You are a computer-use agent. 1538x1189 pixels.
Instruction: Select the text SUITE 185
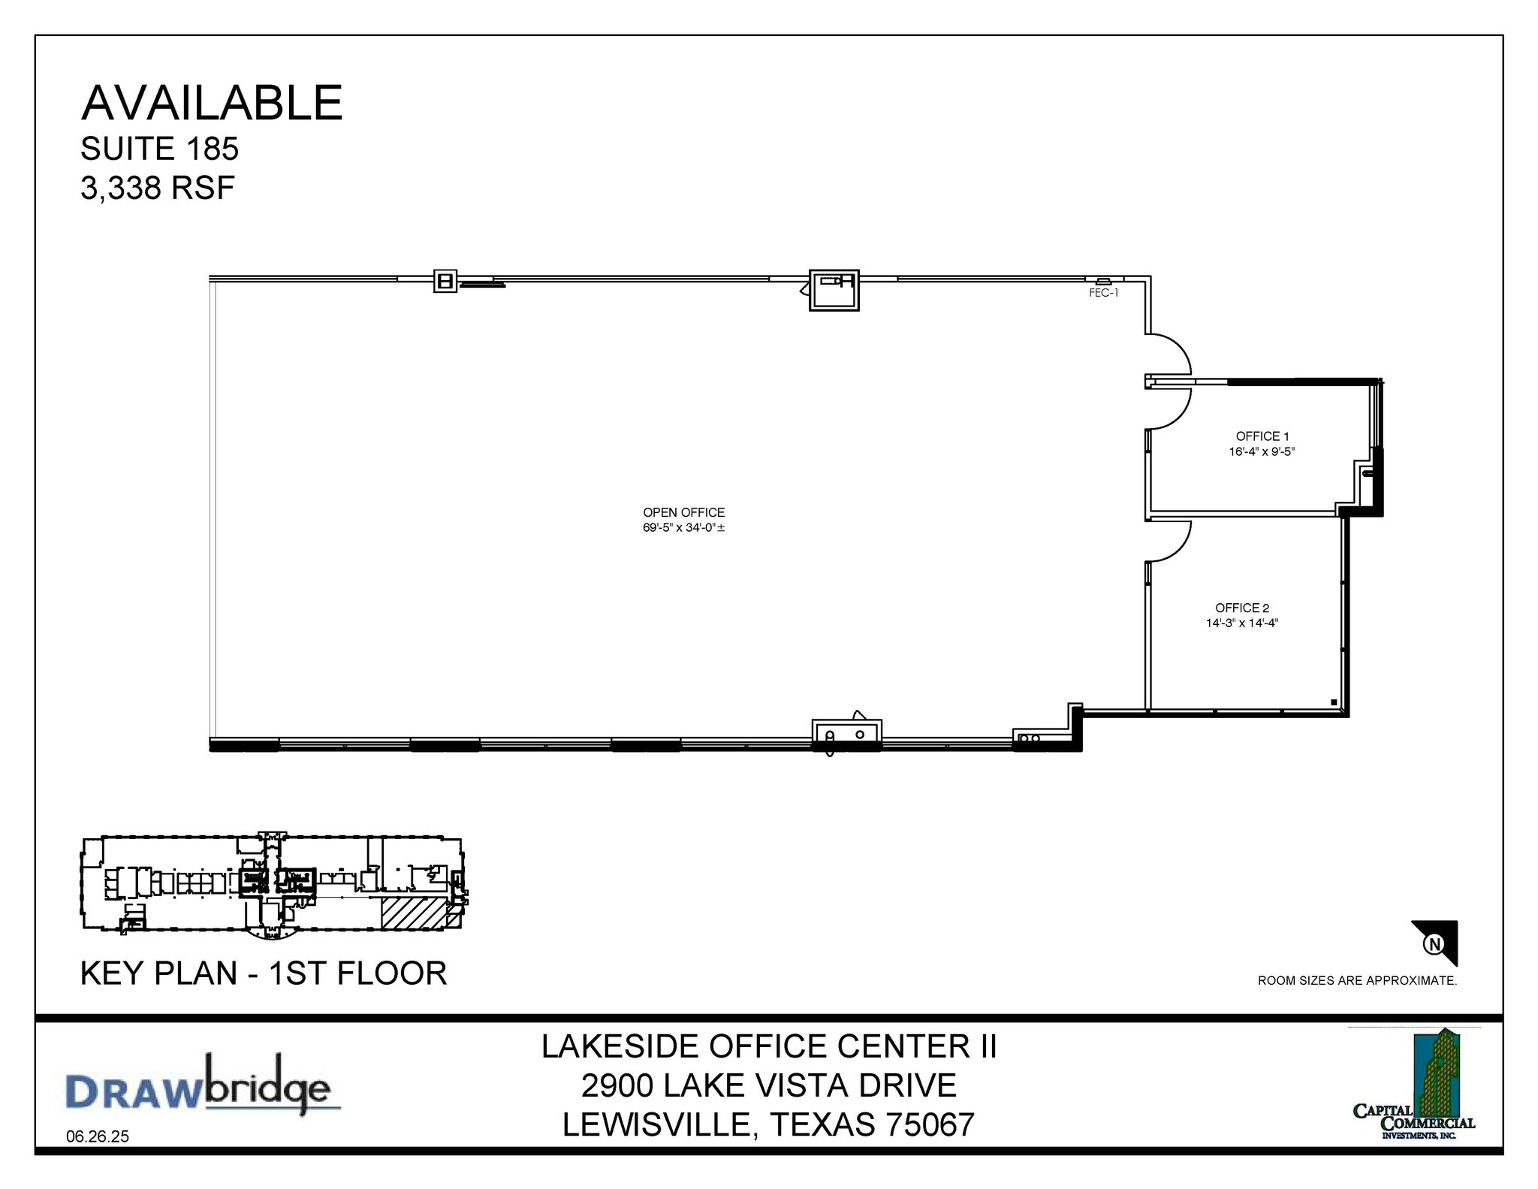(159, 149)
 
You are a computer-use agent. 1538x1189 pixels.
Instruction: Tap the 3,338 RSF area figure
(158, 188)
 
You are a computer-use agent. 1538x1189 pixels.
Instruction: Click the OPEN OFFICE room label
(683, 512)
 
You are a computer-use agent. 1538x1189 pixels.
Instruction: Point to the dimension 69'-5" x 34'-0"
(683, 528)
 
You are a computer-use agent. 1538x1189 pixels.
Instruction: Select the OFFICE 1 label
(1262, 436)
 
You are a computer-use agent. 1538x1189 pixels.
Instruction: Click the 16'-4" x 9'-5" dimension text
(1262, 452)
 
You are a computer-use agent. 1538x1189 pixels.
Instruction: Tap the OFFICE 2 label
(1242, 608)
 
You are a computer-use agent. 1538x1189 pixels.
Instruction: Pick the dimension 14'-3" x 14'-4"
(1242, 623)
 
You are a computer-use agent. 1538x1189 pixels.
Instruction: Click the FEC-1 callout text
(1103, 294)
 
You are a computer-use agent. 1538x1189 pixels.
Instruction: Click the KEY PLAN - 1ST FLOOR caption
(264, 973)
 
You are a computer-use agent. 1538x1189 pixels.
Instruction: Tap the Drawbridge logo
(198, 1086)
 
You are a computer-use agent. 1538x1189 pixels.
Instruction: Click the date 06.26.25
(98, 1137)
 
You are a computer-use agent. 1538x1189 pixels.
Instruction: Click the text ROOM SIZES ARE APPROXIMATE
(1357, 981)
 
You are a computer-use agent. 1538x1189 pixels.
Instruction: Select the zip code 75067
(930, 1125)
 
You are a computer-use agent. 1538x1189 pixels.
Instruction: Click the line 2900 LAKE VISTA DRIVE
(768, 1086)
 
